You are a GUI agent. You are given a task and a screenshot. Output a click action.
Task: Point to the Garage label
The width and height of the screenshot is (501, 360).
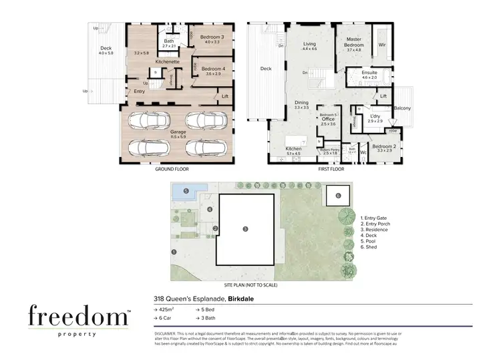pos(178,132)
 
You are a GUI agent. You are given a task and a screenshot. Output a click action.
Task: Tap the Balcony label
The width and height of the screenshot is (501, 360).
pos(402,109)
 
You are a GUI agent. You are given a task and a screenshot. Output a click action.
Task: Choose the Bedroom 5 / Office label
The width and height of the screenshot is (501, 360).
pos(328,118)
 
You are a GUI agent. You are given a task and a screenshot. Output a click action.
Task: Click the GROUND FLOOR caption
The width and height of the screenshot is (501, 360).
pos(172,170)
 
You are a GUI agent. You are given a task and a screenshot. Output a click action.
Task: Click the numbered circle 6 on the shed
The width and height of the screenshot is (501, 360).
pos(338,196)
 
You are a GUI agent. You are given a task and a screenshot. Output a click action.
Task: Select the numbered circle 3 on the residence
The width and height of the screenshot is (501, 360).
pos(245,229)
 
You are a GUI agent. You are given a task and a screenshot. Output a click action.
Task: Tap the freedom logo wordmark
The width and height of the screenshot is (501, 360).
pos(78,316)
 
